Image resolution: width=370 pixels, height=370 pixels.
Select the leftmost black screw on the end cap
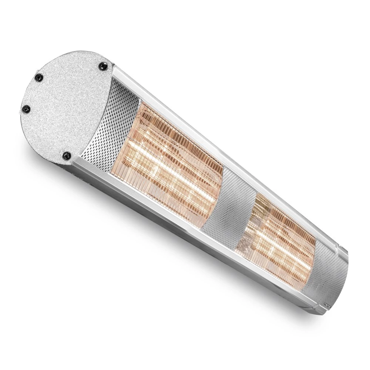(x=26, y=109)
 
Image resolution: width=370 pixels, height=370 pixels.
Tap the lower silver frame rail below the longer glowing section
(x=148, y=200)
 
